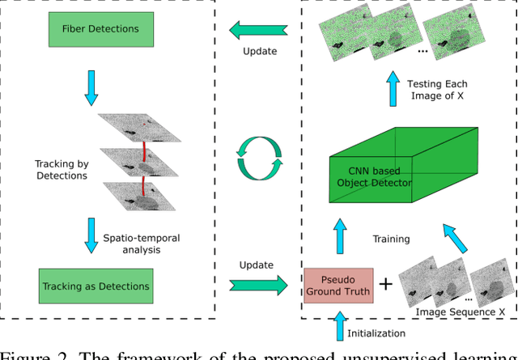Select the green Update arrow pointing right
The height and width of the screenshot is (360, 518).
pyautogui.click(x=259, y=283)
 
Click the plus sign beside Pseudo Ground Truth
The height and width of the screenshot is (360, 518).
pyautogui.click(x=386, y=284)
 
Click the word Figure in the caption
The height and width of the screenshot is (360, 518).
pyautogui.click(x=23, y=353)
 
